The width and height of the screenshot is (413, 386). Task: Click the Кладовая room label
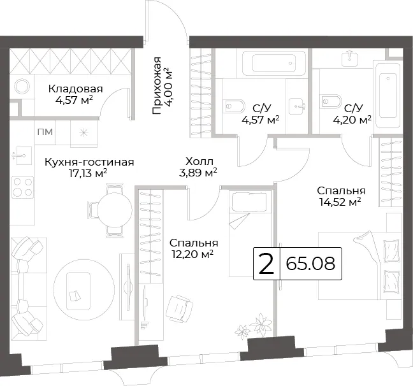[75, 89]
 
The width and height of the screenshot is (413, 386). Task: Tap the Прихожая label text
[156, 85]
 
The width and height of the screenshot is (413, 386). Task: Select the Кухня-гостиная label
[89, 162]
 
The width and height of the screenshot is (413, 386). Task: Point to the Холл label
[199, 161]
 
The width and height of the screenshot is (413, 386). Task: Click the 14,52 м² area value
[340, 202]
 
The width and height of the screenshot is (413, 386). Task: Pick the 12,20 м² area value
[192, 254]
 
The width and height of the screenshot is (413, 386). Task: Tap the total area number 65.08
[310, 264]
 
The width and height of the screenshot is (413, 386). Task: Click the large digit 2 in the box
[266, 264]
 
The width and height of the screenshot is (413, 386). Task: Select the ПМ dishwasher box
[45, 132]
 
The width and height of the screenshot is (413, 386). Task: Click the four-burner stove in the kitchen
[23, 187]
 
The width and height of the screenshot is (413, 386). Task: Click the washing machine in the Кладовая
[22, 86]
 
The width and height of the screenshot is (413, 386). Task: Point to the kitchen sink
[22, 155]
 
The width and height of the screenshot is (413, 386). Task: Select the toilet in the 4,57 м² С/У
[235, 106]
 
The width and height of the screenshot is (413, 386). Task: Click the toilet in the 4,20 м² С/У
[330, 101]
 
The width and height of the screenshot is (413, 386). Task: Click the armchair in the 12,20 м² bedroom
[179, 308]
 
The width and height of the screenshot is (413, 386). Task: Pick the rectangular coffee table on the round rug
[78, 291]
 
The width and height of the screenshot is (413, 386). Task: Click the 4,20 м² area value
[352, 120]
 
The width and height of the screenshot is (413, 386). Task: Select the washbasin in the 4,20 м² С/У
[349, 59]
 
